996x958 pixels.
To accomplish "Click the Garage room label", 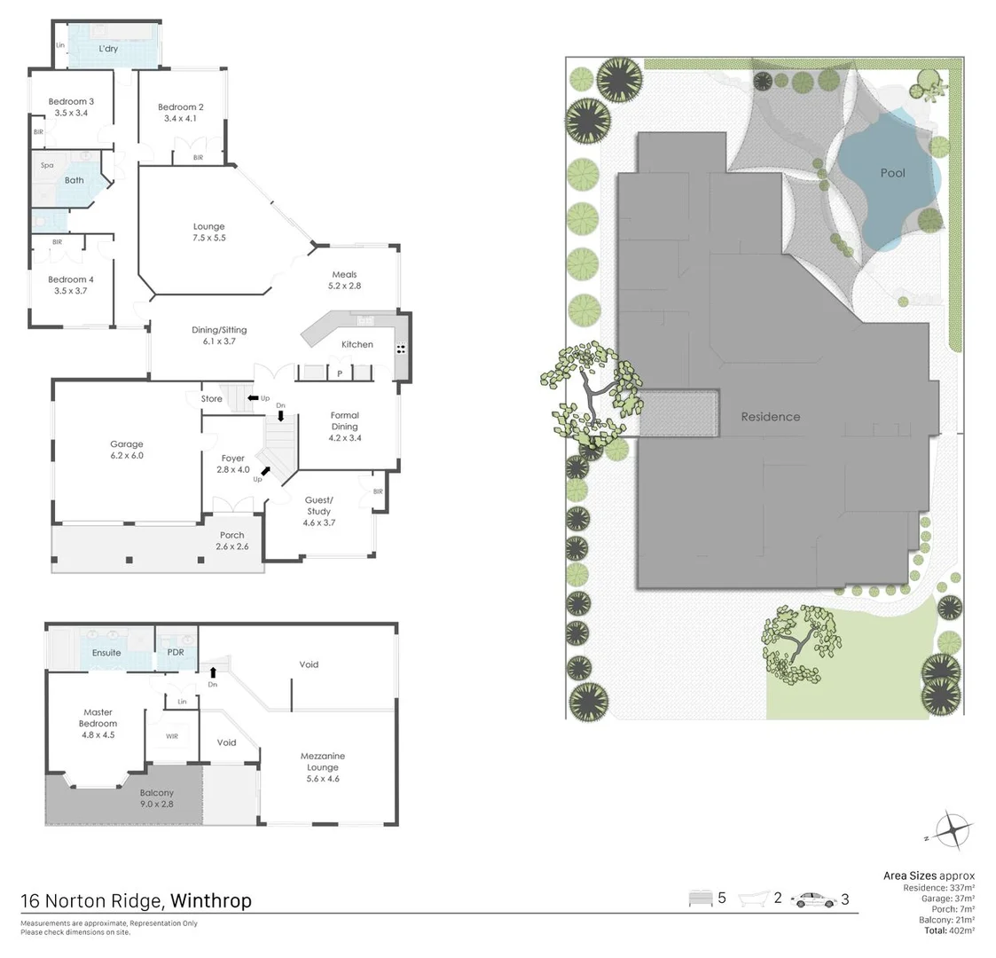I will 126,450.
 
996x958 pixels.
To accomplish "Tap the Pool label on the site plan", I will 892,173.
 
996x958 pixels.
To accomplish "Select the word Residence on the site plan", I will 770,417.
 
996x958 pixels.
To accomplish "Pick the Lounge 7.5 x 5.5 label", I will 209,232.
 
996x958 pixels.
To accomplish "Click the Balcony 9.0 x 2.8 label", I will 156,798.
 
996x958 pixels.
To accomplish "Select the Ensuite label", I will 106,653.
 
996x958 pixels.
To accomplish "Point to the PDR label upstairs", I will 176,653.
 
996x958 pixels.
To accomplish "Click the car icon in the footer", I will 813,899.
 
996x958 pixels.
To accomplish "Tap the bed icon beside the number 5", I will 700,899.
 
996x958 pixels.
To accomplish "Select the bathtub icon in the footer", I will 753,899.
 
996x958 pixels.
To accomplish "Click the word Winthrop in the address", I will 210,901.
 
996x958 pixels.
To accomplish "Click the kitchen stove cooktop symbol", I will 401,348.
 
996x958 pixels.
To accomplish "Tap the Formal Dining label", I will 344,427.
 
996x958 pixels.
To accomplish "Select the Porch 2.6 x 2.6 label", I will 231,541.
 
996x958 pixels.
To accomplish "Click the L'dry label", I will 108,49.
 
